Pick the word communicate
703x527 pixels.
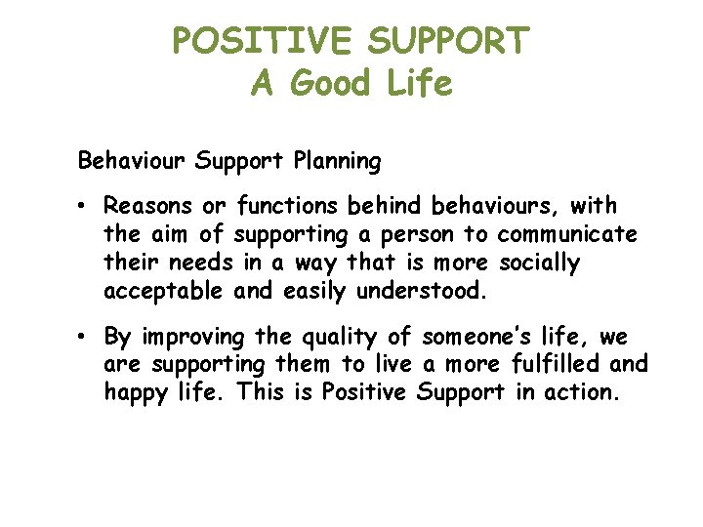point(567,235)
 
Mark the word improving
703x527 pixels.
point(192,338)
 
